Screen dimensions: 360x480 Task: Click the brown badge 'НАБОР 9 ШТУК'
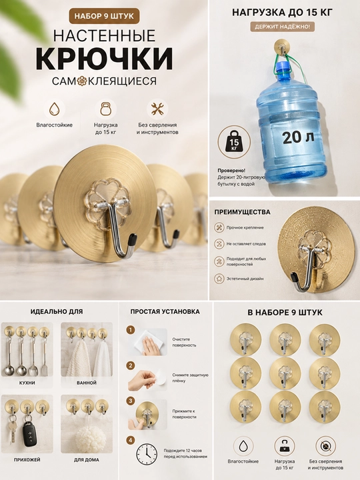point(104,16)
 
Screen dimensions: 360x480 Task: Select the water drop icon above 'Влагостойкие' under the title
point(55,109)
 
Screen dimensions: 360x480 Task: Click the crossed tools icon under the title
point(157,109)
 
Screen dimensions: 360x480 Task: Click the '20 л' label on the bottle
point(298,137)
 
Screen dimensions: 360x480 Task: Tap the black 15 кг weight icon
point(234,141)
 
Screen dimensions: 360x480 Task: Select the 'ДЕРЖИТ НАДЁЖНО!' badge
point(282,27)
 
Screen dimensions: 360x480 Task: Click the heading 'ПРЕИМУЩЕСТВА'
point(242,212)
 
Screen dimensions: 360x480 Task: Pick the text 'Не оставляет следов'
point(246,244)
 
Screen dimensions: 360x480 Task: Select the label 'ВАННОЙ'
point(87,383)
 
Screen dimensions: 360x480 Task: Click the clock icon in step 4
point(147,454)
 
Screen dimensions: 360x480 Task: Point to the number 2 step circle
point(131,365)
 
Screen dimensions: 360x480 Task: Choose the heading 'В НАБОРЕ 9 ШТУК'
point(285,313)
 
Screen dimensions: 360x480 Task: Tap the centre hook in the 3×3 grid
point(285,373)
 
